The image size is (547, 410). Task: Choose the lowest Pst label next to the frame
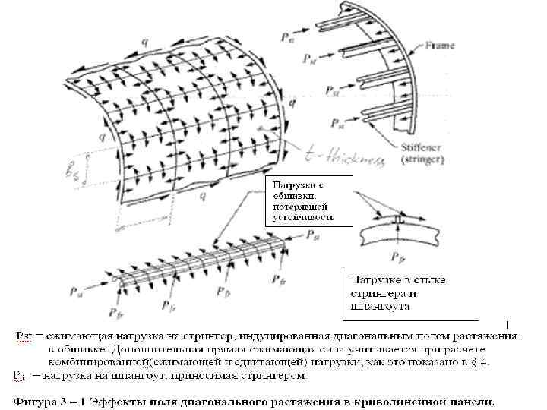pyautogui.click(x=337, y=121)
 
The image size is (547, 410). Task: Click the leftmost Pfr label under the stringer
pyautogui.click(x=116, y=311)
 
